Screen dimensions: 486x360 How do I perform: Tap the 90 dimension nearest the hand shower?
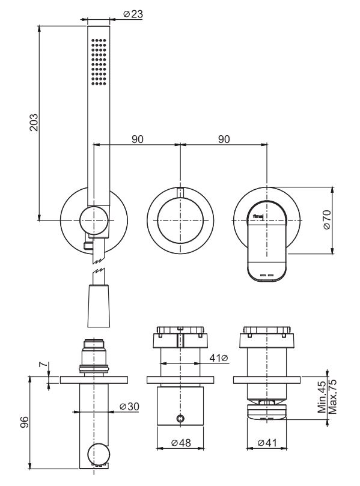138,139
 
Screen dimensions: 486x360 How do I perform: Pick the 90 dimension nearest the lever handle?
224,139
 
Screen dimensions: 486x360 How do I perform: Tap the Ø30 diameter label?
128,407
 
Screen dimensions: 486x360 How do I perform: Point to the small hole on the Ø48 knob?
181,418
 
